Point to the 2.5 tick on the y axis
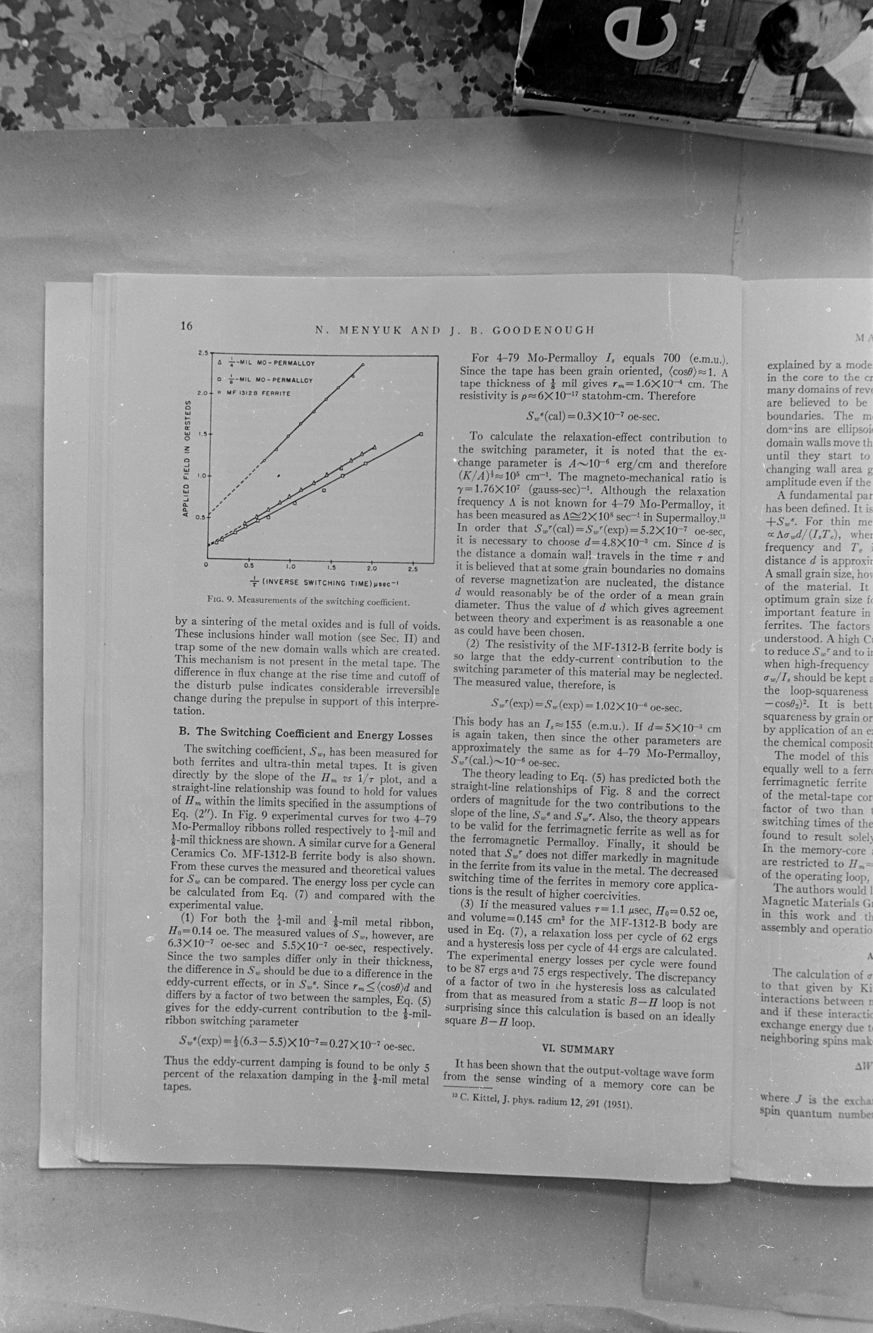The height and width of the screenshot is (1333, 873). (203, 353)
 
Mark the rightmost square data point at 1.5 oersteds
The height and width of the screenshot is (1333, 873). (421, 434)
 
